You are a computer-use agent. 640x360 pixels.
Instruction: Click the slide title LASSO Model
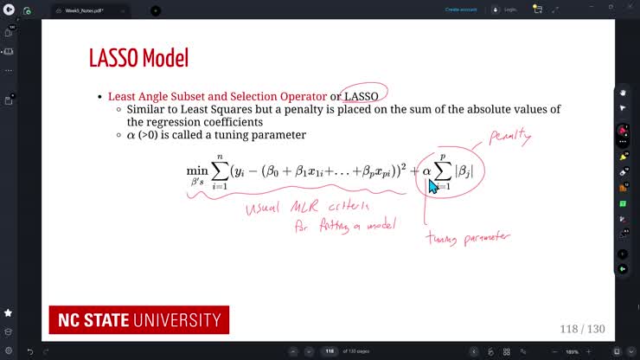click(138, 59)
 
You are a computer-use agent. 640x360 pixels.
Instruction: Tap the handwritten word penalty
click(509, 137)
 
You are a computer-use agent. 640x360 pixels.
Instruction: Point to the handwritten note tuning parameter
click(468, 236)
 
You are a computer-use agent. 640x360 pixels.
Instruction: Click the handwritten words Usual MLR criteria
click(307, 208)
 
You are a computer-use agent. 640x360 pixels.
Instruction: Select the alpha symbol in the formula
click(426, 171)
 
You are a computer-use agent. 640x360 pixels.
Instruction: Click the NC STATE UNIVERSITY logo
click(138, 320)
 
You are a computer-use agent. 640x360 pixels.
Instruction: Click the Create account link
click(460, 10)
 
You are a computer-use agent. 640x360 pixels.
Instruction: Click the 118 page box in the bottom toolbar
click(330, 351)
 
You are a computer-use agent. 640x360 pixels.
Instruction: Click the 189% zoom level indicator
click(572, 351)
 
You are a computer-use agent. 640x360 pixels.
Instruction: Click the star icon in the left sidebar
click(9, 312)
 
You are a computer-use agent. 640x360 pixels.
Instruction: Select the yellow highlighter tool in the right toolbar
click(622, 157)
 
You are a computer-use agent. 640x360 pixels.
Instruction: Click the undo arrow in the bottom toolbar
click(29, 351)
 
